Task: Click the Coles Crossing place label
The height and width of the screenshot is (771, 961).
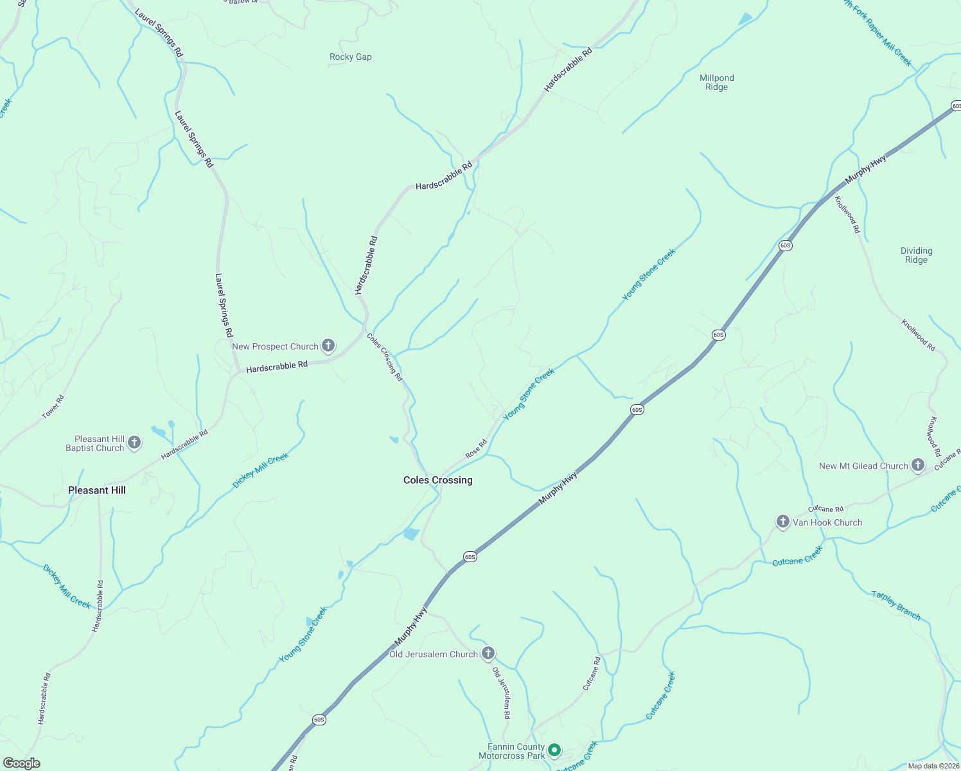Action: click(x=437, y=480)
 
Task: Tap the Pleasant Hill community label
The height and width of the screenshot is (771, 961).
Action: click(x=97, y=490)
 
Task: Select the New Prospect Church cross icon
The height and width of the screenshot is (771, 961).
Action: click(x=328, y=346)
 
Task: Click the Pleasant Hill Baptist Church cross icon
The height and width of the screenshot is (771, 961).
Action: click(x=134, y=442)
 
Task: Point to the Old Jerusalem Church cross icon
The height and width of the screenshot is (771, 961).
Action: click(x=488, y=653)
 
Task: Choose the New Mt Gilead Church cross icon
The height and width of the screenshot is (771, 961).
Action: click(x=918, y=465)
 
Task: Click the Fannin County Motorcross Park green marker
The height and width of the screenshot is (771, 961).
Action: click(x=554, y=750)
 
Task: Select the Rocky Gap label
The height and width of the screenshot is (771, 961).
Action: click(x=351, y=57)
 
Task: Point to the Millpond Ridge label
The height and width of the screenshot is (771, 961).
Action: click(x=717, y=82)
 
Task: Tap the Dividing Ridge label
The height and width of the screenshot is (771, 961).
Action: click(x=917, y=255)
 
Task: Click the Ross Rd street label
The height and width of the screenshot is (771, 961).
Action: click(x=476, y=448)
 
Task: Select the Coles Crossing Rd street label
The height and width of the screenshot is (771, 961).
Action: click(x=385, y=357)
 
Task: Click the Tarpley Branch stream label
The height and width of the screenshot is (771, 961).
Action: click(x=896, y=605)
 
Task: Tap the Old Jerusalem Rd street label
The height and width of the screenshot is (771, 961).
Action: click(x=502, y=693)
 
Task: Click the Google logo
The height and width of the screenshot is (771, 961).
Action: click(x=21, y=763)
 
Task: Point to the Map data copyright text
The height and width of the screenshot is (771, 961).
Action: click(x=933, y=766)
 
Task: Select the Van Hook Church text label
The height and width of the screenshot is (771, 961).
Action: click(x=827, y=522)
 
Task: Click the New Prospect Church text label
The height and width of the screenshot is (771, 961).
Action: click(x=275, y=346)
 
